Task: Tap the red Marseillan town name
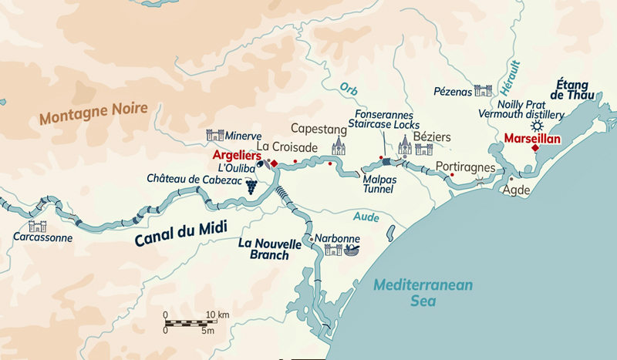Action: point(531,140)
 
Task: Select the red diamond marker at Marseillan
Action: point(535,148)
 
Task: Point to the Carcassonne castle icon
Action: point(37,226)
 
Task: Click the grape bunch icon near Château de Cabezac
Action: point(251,186)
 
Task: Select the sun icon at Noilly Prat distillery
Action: point(538,126)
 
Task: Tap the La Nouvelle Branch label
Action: point(268,249)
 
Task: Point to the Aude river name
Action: point(367,218)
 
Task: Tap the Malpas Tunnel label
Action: point(379,183)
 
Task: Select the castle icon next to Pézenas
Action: point(483,91)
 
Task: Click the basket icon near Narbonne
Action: point(351,250)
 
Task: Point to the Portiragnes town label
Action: point(464,166)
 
